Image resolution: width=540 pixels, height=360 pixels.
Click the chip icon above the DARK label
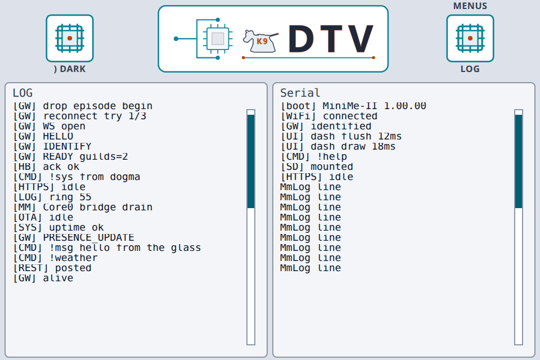click(70, 38)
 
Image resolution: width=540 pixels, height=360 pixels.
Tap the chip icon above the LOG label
click(470, 38)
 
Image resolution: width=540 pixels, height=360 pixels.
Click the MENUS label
click(470, 6)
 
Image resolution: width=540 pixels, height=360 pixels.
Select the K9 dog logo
click(260, 41)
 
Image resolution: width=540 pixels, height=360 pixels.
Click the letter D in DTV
click(301, 39)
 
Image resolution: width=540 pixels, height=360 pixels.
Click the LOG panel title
click(22, 93)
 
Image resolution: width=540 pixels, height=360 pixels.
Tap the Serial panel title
click(300, 93)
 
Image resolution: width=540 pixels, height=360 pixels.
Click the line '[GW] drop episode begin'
click(83, 106)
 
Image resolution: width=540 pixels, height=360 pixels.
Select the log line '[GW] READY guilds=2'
click(71, 157)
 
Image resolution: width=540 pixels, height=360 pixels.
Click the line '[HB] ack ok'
click(46, 166)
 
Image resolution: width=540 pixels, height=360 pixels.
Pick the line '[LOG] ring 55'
click(52, 197)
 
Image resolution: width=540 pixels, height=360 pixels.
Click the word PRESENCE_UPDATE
click(88, 238)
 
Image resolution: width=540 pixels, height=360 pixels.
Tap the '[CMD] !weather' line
click(56, 258)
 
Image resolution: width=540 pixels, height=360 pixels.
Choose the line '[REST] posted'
click(52, 268)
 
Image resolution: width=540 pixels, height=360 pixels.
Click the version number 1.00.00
click(405, 106)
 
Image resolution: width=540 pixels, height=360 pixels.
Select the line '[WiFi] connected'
click(329, 116)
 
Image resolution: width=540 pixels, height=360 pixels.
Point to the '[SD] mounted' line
click(317, 166)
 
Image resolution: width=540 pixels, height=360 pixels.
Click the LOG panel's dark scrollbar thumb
click(251, 161)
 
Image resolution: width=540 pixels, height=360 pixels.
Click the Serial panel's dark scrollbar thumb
click(519, 161)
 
